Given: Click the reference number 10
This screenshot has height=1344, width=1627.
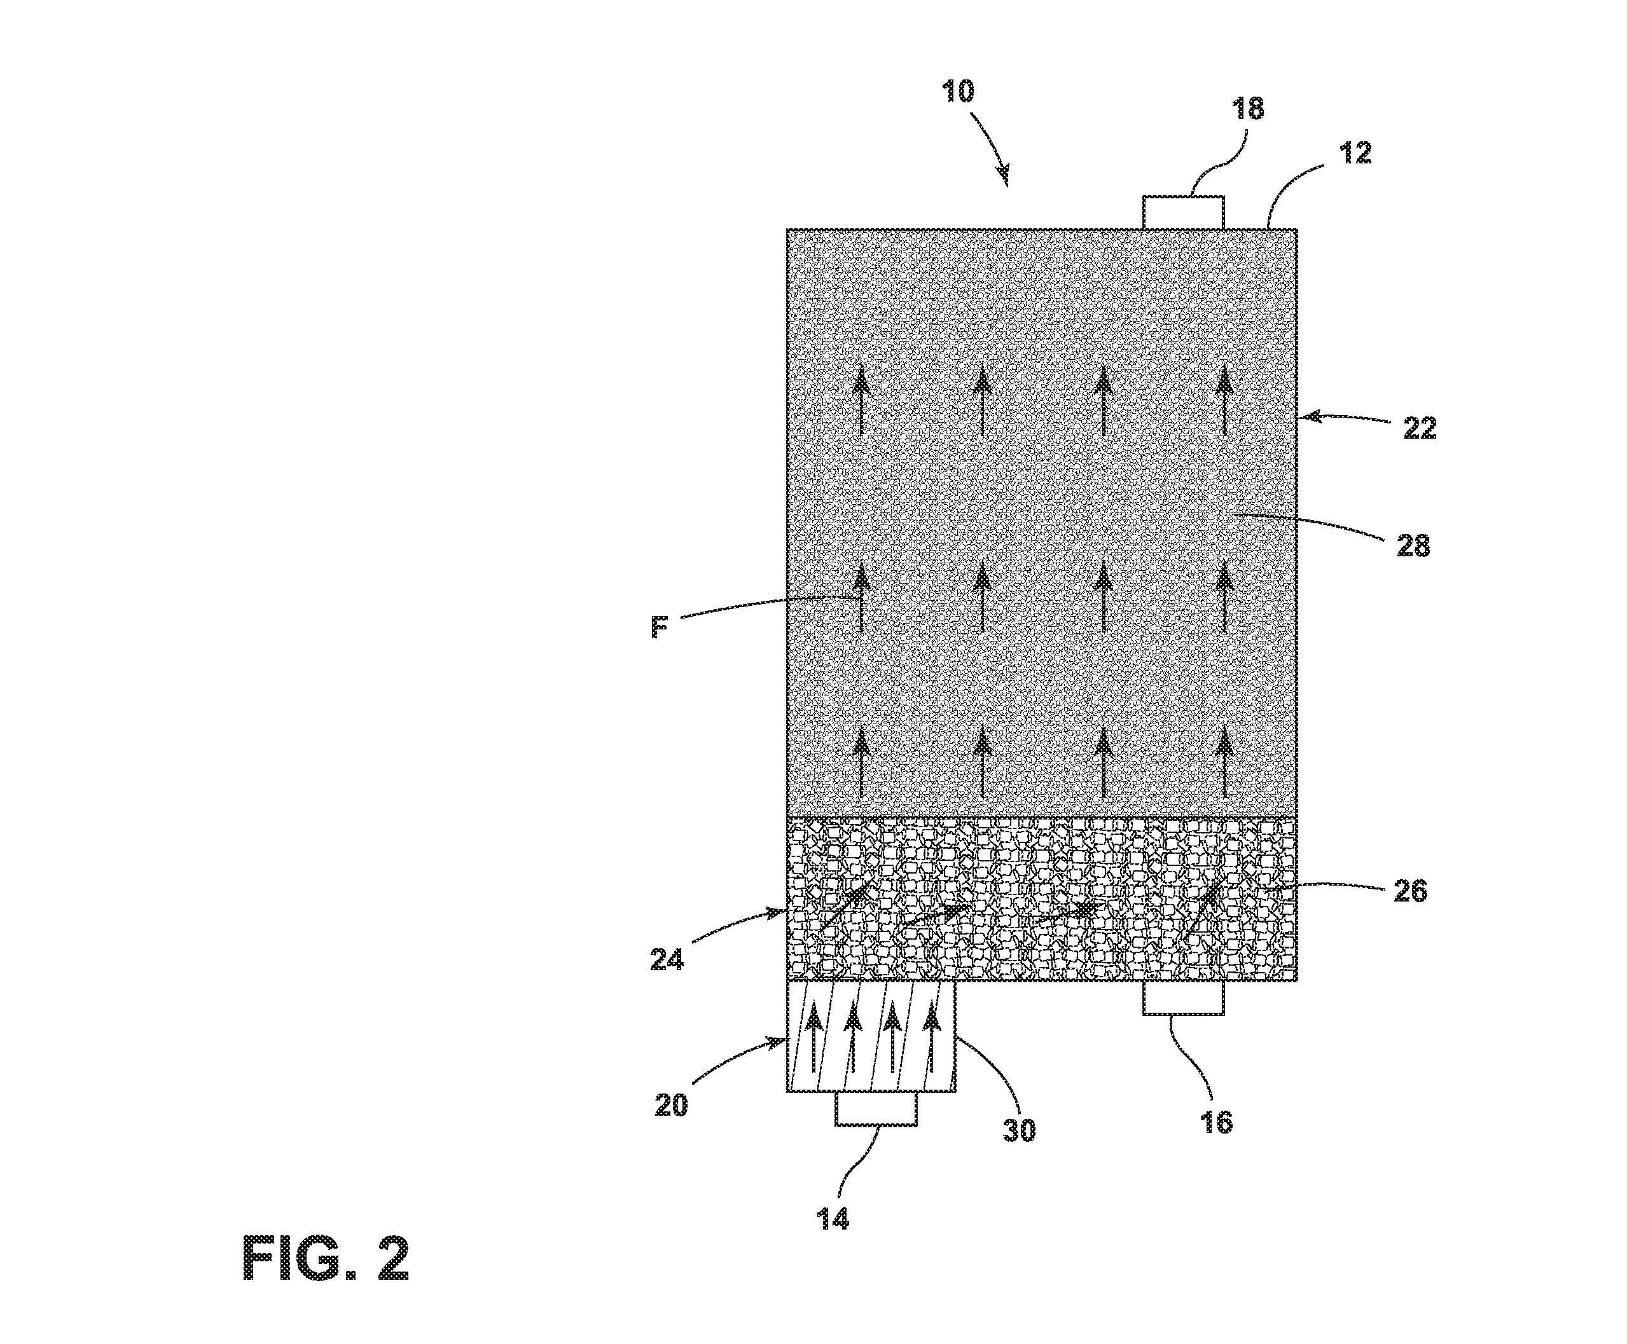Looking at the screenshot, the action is (x=958, y=92).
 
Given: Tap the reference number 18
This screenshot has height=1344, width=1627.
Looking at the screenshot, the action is (x=1247, y=108).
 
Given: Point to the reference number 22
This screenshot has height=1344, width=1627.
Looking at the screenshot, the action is (x=1420, y=428).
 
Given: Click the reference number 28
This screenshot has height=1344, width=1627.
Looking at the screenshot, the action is (x=1413, y=547).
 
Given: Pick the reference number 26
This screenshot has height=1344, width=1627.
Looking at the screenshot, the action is (x=1410, y=892).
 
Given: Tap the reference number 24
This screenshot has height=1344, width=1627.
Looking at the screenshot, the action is (x=667, y=960).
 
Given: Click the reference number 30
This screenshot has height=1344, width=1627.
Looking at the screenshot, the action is (x=1019, y=1130).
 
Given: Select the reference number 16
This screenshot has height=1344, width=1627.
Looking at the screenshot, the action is (x=1215, y=1122).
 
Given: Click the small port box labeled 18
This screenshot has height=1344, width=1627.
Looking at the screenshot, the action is (x=1183, y=213).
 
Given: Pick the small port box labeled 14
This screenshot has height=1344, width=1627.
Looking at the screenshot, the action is (x=876, y=1109).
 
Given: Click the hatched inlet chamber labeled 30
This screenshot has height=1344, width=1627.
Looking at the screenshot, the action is (x=871, y=1037).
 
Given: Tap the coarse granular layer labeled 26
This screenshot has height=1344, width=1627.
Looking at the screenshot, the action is (x=1042, y=900).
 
